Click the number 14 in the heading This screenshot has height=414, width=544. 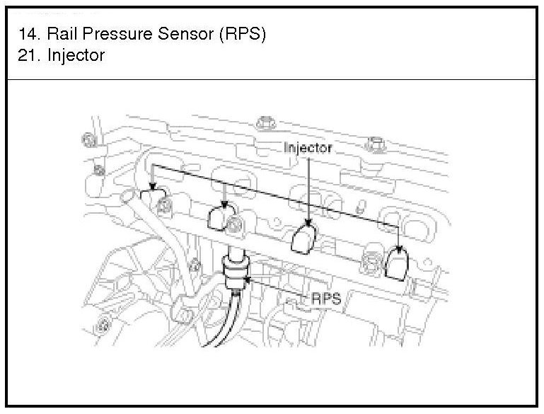[x=27, y=34]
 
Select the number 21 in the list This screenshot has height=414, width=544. [x=27, y=54]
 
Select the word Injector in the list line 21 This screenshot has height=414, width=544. [x=76, y=54]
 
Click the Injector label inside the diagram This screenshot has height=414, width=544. [x=307, y=148]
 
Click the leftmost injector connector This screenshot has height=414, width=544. [x=154, y=199]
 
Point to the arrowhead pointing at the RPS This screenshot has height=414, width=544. [x=247, y=281]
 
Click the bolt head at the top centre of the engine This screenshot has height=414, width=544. [x=266, y=123]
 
